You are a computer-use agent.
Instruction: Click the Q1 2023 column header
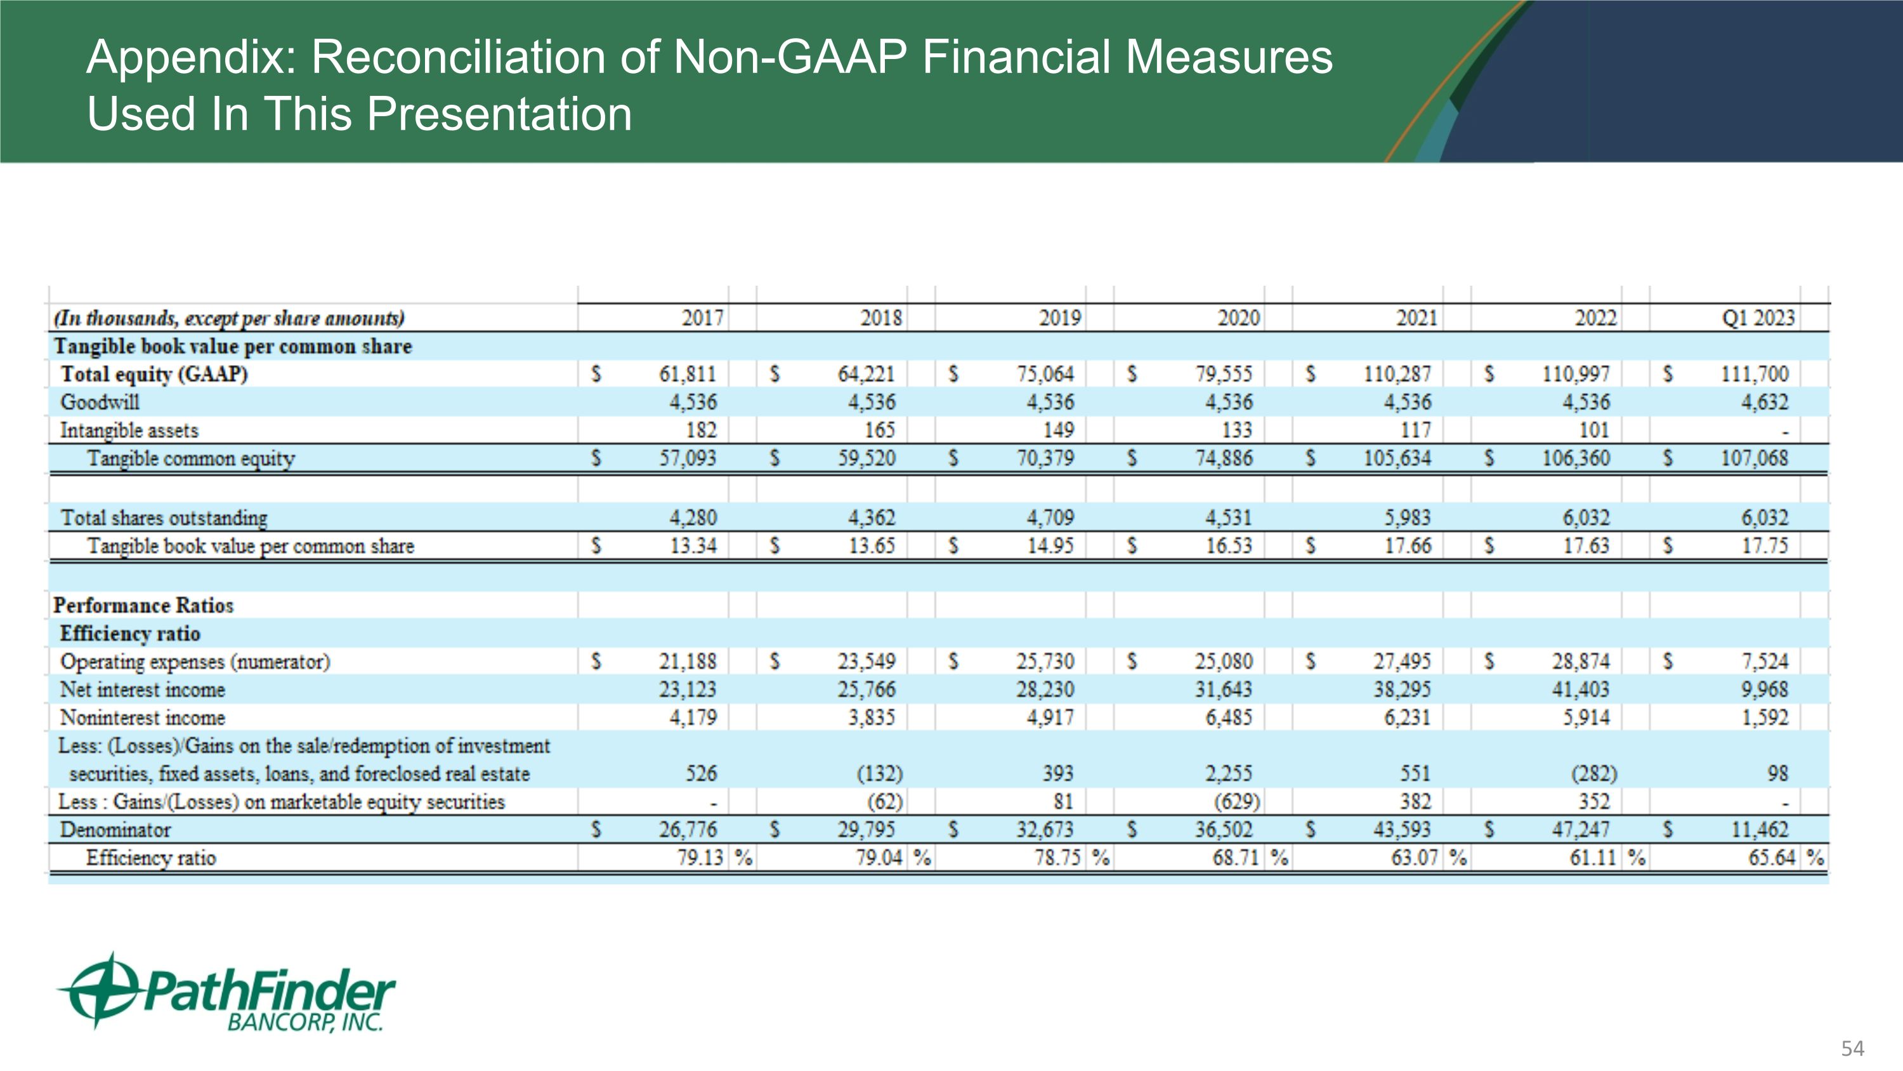[x=1758, y=318]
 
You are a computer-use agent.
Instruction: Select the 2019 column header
[x=1059, y=318]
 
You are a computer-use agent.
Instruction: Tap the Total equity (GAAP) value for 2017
[x=687, y=374]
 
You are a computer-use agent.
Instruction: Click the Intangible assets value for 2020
[x=1237, y=430]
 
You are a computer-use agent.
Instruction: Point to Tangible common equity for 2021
[x=1396, y=458]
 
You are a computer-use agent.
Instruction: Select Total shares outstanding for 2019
[x=1050, y=517]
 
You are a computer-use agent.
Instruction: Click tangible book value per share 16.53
[x=1229, y=545]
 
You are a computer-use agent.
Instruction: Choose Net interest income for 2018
[x=866, y=689]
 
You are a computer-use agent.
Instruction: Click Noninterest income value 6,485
[x=1229, y=717]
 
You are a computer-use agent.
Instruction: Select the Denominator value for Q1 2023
[x=1760, y=829]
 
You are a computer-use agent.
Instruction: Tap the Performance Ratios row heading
[x=143, y=606]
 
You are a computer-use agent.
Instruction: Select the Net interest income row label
[x=143, y=689]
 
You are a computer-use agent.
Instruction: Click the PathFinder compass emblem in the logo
[x=100, y=990]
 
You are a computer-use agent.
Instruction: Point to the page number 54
[x=1852, y=1048]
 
